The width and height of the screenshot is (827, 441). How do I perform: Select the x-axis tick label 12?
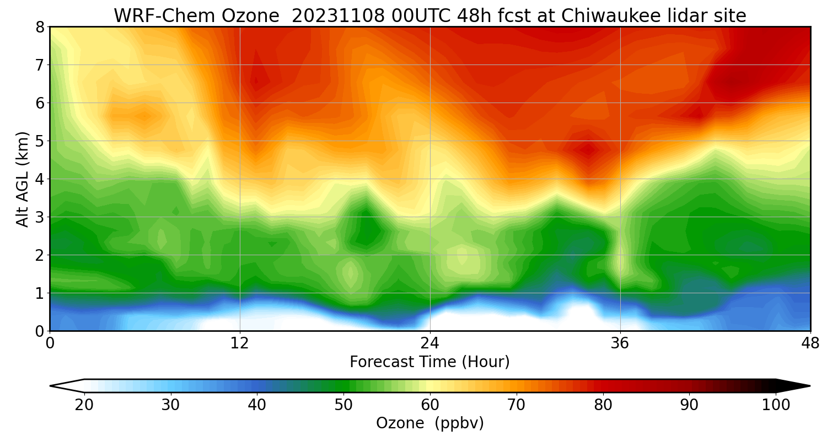[x=240, y=343]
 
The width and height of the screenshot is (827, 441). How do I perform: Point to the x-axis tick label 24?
[x=430, y=343]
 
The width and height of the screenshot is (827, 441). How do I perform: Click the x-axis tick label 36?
[x=620, y=343]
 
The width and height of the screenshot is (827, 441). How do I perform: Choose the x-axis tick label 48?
[x=810, y=343]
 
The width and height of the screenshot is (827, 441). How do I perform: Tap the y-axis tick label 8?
[x=40, y=27]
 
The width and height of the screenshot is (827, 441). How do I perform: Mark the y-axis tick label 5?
[x=40, y=141]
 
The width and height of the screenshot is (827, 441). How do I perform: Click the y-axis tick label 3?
[x=40, y=217]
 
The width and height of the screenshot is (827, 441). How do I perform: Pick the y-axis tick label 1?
[x=40, y=293]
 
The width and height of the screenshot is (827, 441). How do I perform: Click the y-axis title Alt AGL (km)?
[x=22, y=179]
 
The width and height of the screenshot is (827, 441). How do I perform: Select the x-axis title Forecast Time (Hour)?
[x=430, y=362]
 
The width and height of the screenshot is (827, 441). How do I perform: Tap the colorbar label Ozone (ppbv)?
[x=430, y=423]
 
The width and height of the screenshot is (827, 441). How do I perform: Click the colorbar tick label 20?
[x=84, y=405]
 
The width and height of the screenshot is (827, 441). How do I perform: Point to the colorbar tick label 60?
[x=430, y=405]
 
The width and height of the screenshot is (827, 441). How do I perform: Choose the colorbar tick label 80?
[x=603, y=405]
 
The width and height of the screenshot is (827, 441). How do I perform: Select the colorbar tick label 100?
[x=776, y=405]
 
